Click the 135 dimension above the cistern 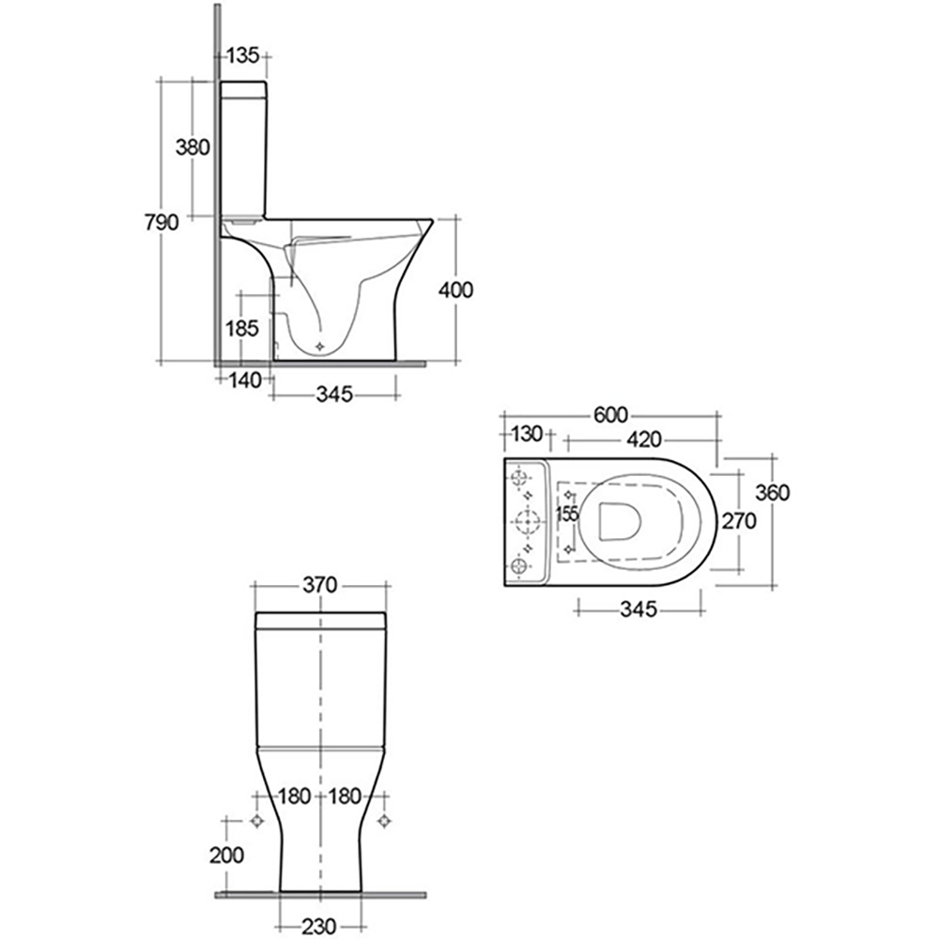point(242,56)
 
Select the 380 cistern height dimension point(192,146)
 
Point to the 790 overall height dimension point(161,223)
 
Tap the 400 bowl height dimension point(456,289)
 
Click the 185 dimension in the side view point(241,328)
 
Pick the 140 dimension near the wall point(243,379)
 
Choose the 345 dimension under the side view point(333,394)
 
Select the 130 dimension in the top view point(528,435)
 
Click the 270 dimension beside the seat point(739,522)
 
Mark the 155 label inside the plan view point(566,514)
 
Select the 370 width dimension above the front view point(320,584)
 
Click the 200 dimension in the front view point(228,854)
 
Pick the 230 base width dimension point(320,925)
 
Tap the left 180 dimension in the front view point(294,796)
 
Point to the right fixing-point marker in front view point(383,821)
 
